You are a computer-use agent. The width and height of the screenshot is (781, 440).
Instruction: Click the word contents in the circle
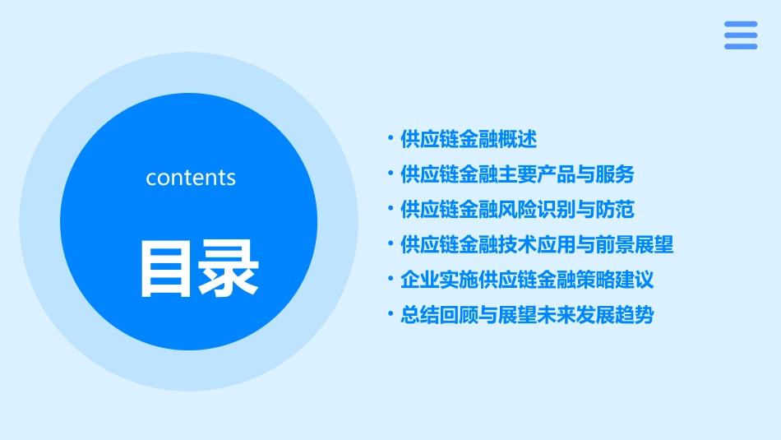point(191,178)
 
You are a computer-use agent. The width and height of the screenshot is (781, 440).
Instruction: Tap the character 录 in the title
point(228,269)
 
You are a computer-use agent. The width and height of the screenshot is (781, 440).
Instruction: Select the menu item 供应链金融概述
point(469,140)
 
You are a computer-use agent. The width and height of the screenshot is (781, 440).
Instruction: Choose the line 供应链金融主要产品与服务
point(517,174)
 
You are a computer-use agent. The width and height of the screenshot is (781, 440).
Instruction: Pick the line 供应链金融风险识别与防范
point(517,210)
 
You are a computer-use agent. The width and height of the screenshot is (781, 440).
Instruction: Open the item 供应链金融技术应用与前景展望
point(537,244)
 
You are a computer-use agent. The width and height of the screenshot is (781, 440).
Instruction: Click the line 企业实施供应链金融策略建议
point(527,280)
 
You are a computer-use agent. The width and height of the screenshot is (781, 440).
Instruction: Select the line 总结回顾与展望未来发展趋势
point(527,315)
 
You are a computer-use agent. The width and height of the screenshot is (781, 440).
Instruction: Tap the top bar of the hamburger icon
point(741,24)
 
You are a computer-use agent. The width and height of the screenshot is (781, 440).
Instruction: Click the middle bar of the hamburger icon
point(741,35)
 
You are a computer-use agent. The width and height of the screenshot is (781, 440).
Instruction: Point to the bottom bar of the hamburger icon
point(741,46)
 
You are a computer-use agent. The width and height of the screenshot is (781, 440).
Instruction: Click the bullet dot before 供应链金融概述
point(390,140)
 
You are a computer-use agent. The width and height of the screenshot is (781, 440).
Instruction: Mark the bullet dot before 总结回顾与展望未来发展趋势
point(390,315)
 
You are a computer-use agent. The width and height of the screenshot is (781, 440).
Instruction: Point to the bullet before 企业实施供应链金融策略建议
point(390,280)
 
